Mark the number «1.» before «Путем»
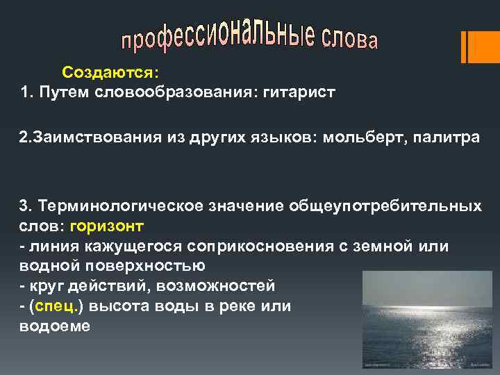(x=27, y=92)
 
